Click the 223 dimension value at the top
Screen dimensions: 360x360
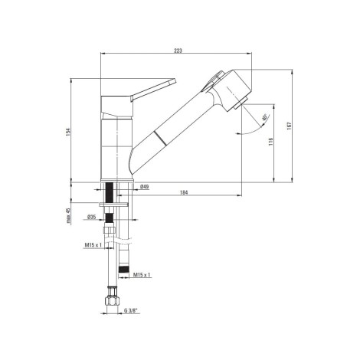pos(178,51)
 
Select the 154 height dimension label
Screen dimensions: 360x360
pos(68,132)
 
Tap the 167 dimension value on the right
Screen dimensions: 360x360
pos(289,126)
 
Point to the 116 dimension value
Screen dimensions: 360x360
pos(270,142)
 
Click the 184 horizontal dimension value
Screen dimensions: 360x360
pos(184,192)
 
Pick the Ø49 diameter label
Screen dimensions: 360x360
pos(145,187)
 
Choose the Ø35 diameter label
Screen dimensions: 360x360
pos(91,217)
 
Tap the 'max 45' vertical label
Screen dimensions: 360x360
pos(68,216)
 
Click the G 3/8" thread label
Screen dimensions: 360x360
pos(131,311)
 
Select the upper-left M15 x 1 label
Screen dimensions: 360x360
pos(93,245)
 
